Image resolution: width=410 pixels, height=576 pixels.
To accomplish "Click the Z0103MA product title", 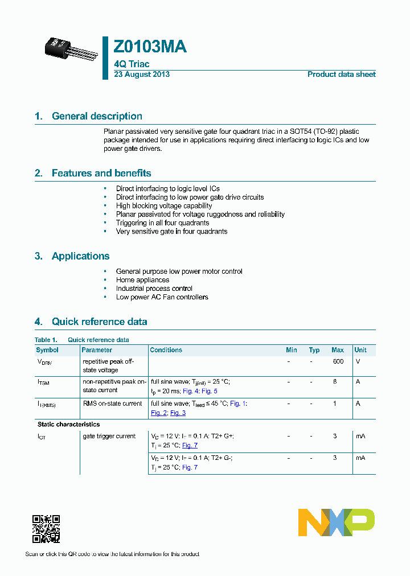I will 150,47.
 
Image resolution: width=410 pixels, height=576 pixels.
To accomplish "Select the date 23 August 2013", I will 142,75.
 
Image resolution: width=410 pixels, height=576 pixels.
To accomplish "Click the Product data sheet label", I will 341,75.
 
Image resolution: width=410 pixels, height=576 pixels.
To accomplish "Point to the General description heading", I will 97,116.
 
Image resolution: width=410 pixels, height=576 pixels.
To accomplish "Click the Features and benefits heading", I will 101,173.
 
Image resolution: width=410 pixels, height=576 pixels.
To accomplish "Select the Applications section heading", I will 80,256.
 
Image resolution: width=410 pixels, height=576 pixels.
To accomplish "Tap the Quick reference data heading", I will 99,322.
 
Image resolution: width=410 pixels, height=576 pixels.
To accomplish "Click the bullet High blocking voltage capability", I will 164,206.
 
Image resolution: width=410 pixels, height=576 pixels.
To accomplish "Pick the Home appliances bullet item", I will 142,280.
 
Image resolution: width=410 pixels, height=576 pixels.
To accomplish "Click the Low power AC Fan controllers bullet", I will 162,297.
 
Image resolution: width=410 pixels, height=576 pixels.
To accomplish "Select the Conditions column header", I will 166,350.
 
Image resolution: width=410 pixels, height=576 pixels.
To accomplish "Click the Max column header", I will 338,350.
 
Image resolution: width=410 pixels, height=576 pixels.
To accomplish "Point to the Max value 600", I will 338,361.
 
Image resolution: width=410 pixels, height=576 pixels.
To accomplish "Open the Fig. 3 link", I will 178,413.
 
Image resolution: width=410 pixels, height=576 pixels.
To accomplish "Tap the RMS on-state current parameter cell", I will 112,404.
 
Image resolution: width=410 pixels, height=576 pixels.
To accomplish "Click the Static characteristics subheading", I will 68,425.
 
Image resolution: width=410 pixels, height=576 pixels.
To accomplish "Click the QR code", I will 46,529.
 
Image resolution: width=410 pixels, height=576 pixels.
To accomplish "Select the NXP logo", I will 337,522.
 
